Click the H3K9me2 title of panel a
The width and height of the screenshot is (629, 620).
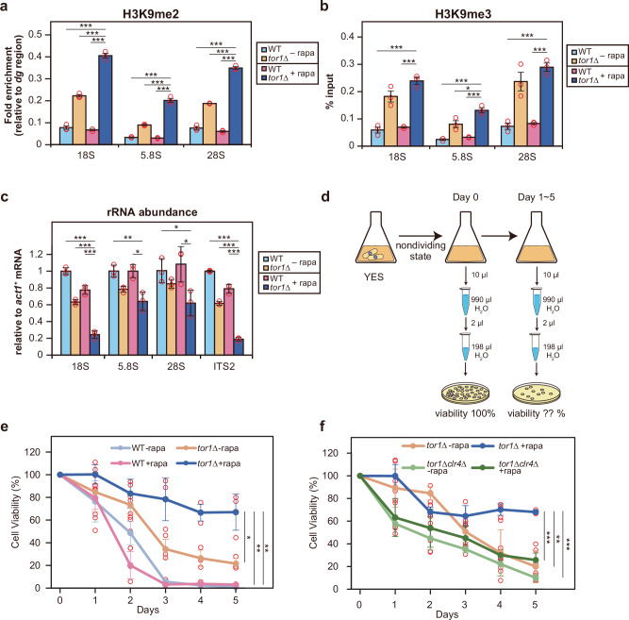pos(151,13)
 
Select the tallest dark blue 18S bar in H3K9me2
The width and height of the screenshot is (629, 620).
pos(105,100)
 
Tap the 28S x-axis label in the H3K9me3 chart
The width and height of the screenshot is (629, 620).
pos(527,157)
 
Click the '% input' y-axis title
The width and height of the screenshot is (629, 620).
pos(330,92)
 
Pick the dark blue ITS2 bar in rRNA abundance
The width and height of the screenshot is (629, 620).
pos(239,347)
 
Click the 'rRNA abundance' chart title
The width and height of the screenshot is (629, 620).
pos(152,212)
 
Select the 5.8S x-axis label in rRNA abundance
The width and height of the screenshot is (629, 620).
pos(128,366)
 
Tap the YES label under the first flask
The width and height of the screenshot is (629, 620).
pos(373,277)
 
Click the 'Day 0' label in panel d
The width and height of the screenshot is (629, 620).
pos(465,197)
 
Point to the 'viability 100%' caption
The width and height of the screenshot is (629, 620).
pos(465,413)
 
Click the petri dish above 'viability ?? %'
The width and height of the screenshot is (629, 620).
pos(537,394)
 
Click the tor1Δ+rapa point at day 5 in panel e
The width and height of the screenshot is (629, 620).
pos(236,512)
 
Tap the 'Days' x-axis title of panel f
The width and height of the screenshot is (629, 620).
pos(447,614)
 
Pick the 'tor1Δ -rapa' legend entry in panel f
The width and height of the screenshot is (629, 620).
pos(436,445)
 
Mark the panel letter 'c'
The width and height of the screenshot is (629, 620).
pos(5,197)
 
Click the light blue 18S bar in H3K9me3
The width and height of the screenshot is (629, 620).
pos(377,138)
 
